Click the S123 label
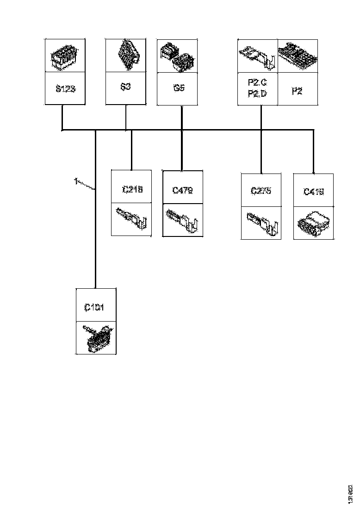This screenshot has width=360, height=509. (x=65, y=88)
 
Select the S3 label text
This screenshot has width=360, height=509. (x=125, y=87)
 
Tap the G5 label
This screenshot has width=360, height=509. (x=179, y=87)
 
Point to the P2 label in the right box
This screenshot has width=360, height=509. (x=297, y=91)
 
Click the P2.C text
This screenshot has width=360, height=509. (x=257, y=83)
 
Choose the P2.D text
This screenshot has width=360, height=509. (x=257, y=94)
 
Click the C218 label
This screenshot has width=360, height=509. (x=132, y=189)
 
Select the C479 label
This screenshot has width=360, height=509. (x=182, y=190)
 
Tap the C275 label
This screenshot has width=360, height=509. (x=261, y=191)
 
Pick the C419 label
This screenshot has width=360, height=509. (x=314, y=191)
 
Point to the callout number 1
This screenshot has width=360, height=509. (x=75, y=181)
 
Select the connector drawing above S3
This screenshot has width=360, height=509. (x=126, y=56)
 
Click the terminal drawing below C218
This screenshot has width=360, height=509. (x=131, y=220)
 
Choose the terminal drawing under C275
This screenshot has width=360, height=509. (x=261, y=223)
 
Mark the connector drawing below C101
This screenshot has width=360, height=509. (x=96, y=338)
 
